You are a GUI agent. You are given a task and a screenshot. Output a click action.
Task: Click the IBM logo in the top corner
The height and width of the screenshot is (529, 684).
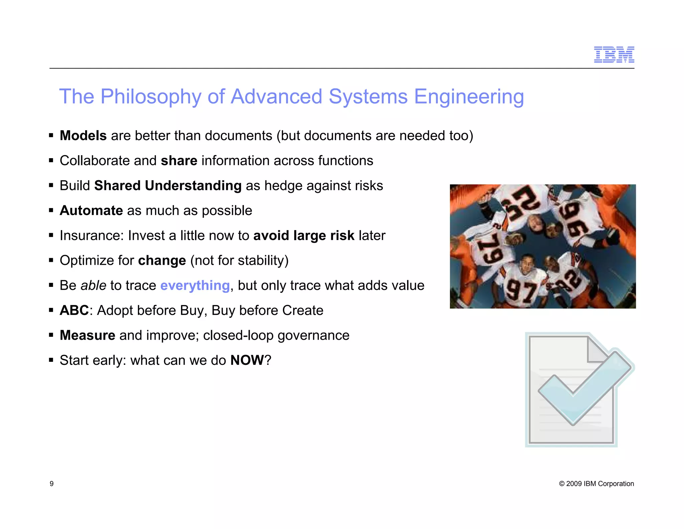point(614,55)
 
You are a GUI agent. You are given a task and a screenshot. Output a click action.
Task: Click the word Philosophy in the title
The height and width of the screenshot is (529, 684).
point(151,97)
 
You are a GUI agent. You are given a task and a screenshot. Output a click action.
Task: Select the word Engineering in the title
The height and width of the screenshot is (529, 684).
point(469,97)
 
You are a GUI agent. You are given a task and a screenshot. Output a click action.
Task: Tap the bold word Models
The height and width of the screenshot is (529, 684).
point(83,136)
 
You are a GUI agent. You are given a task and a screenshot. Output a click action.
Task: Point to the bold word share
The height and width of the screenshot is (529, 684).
point(179,161)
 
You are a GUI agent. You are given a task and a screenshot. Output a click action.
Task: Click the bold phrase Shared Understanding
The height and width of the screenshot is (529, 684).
point(168,186)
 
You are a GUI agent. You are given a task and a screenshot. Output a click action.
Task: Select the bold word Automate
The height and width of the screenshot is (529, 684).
point(91,211)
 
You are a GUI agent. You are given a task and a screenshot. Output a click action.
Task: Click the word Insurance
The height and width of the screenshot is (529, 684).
point(91,236)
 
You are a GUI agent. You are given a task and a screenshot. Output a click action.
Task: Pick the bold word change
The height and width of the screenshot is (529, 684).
point(162,260)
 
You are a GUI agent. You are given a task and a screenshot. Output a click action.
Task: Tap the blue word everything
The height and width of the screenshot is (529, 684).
point(195,286)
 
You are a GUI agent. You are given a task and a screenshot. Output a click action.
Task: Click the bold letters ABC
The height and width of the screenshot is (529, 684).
point(74,310)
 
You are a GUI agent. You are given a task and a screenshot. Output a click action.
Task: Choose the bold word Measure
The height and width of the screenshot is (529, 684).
point(88,335)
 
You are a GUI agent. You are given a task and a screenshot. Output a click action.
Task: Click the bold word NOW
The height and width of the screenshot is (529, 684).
point(247,360)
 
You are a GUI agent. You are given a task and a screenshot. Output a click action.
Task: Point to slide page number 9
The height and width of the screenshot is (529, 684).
point(51,484)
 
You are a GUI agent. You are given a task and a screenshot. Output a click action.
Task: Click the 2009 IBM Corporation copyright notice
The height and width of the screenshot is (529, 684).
point(596,484)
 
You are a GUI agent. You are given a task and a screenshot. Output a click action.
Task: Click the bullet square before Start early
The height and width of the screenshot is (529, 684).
point(51,360)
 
